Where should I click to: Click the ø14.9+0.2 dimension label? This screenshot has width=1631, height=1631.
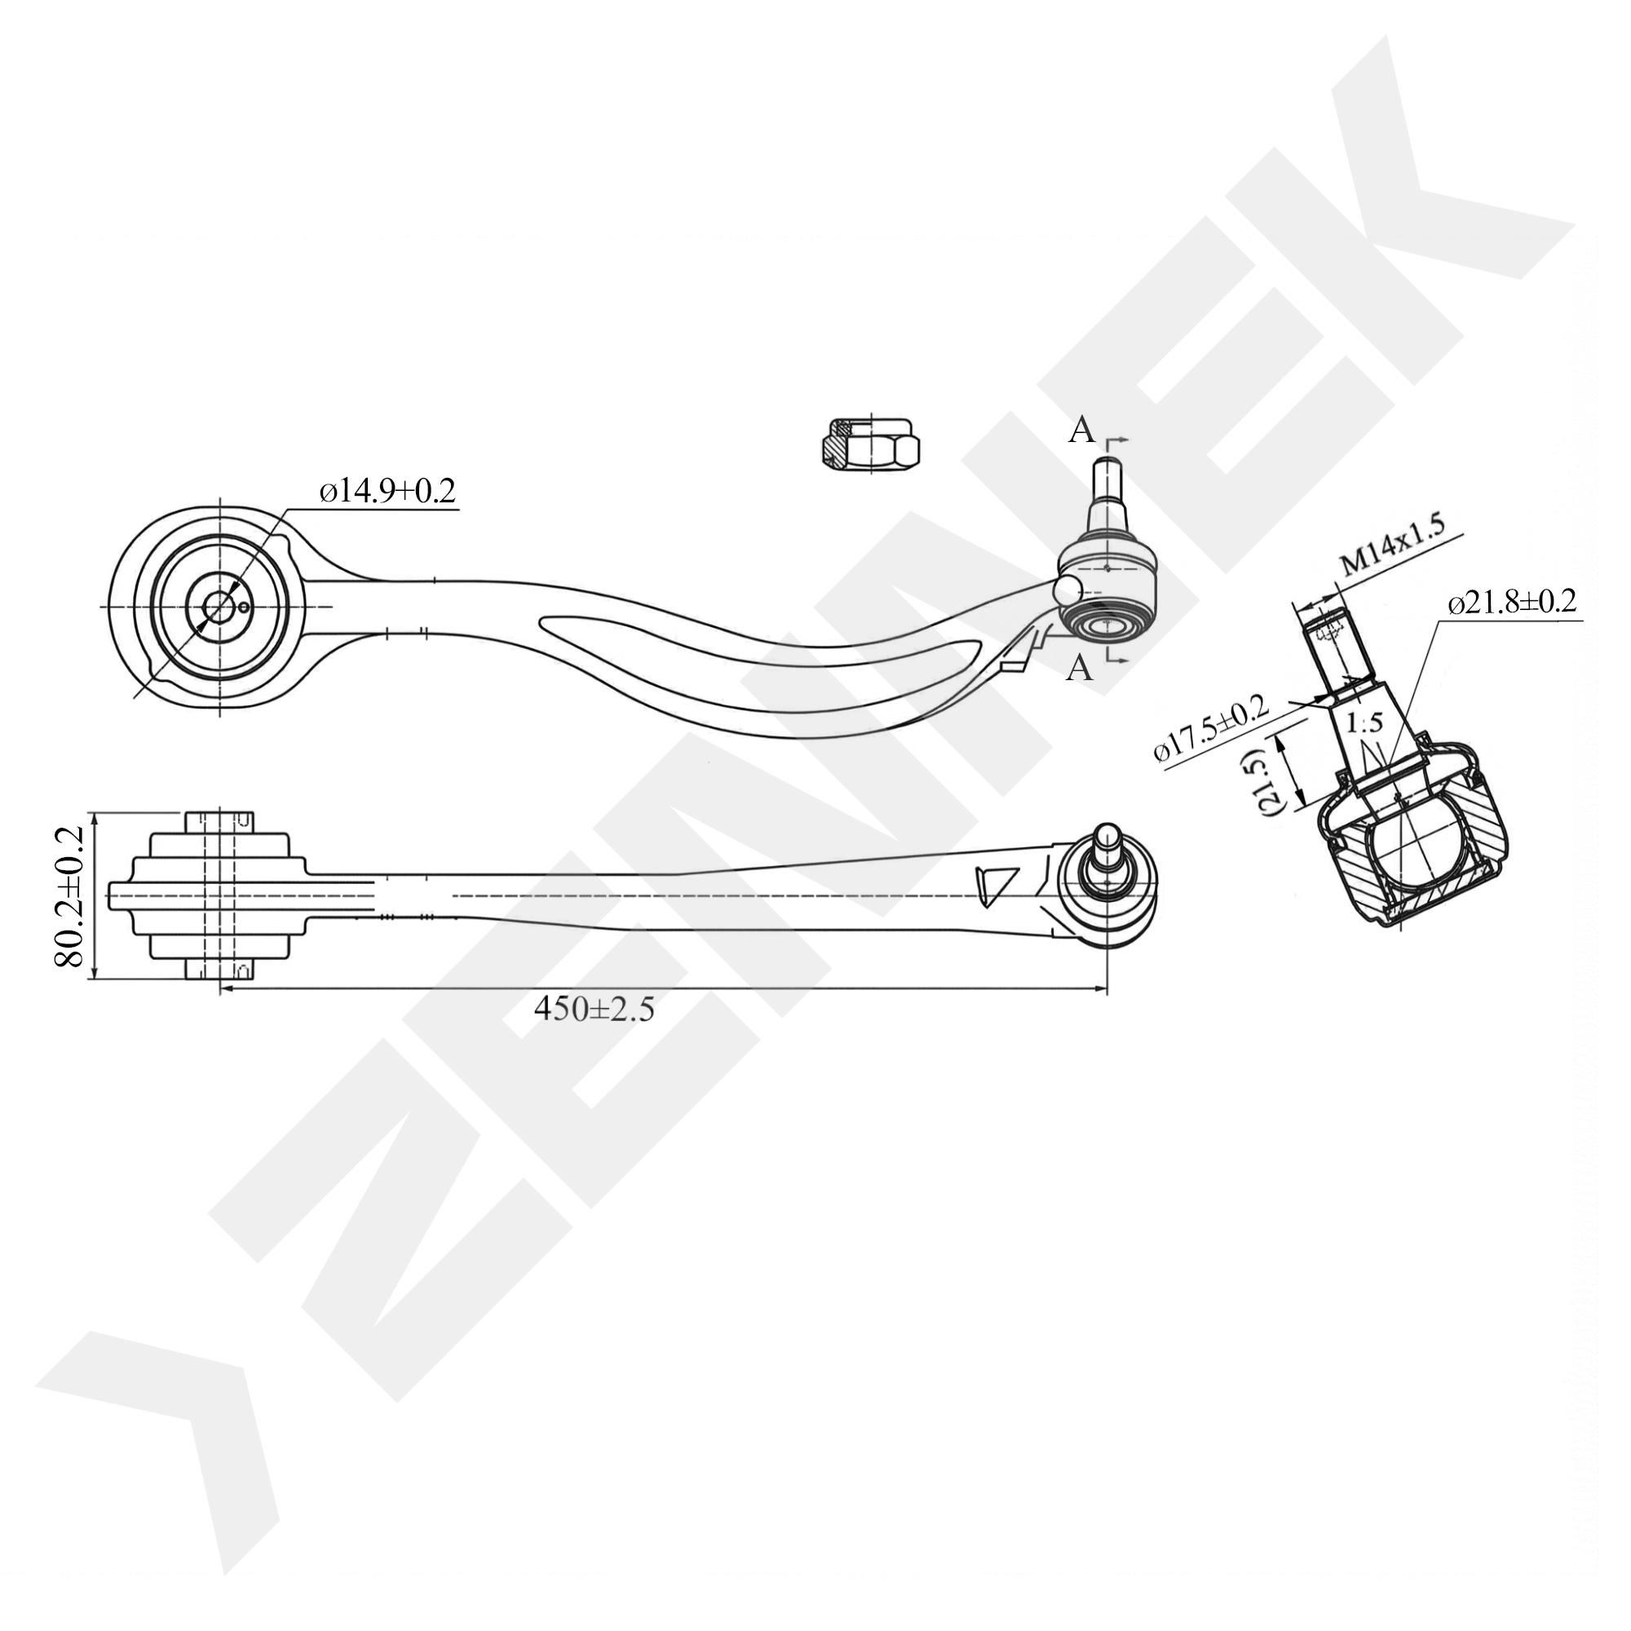[x=387, y=490]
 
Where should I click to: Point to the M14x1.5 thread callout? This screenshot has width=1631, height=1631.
[x=1391, y=554]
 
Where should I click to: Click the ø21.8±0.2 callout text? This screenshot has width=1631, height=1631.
[x=1511, y=603]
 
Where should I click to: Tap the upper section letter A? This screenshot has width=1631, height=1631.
[x=1081, y=431]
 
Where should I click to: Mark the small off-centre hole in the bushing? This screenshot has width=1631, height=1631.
[x=244, y=607]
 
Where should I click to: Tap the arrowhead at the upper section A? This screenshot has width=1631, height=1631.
[x=1126, y=440]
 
